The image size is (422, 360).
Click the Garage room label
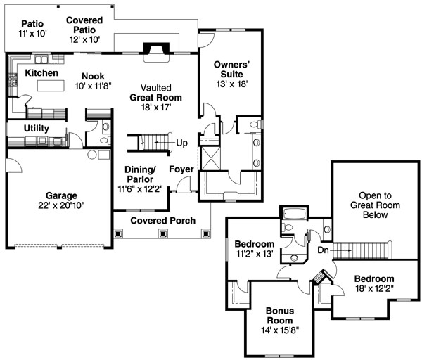(x=61, y=195)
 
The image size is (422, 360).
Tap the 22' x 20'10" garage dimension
(x=61, y=205)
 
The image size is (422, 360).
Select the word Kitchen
(x=41, y=73)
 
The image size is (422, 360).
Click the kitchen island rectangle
(x=51, y=86)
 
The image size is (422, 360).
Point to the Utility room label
(x=37, y=129)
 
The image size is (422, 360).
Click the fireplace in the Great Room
(x=156, y=49)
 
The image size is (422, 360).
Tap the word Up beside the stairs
(x=181, y=143)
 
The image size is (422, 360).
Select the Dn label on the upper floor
(x=323, y=250)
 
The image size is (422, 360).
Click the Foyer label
(x=181, y=169)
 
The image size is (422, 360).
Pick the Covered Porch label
(x=163, y=221)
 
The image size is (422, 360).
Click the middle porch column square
(x=163, y=233)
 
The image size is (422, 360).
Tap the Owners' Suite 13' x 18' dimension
(x=231, y=84)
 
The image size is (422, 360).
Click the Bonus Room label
(x=280, y=316)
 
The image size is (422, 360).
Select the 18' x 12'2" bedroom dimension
(x=374, y=289)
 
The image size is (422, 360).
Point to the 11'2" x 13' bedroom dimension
(x=255, y=254)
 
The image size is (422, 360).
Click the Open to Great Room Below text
(x=375, y=205)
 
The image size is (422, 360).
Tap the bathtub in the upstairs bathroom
(x=295, y=214)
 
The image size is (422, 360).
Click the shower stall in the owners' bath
(x=211, y=158)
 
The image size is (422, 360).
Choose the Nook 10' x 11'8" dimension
(x=93, y=86)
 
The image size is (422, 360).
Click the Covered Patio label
(x=84, y=25)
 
